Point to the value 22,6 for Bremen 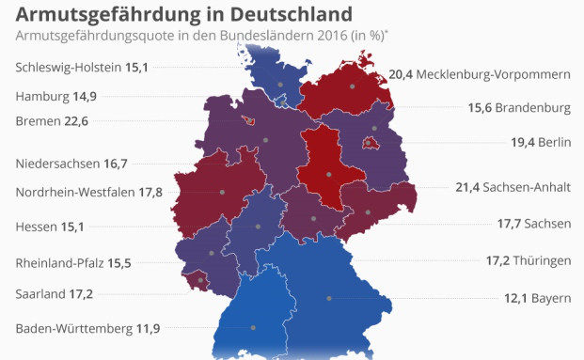point(76,120)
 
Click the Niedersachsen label point(57,164)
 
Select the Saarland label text point(41,294)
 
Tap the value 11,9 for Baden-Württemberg point(148,328)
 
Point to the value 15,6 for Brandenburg point(482,108)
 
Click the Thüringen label point(542,258)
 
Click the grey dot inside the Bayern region point(328,298)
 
